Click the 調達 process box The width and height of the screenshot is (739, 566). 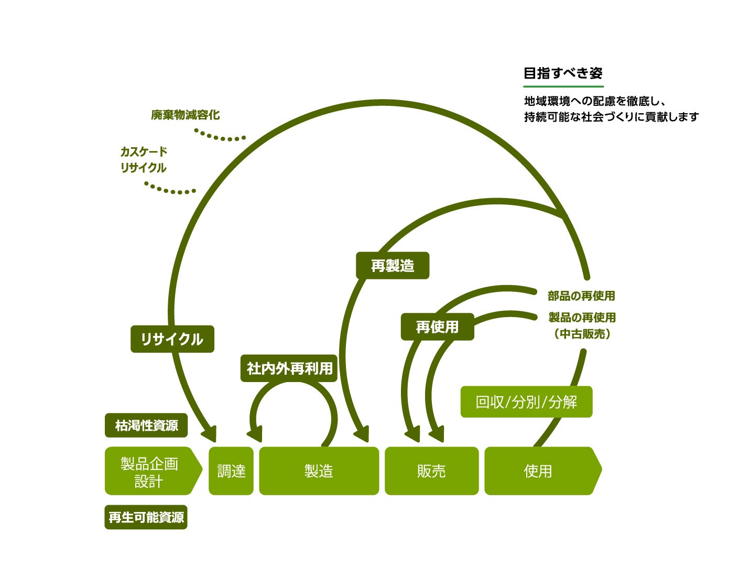point(231,471)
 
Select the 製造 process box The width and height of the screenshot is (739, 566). point(319,471)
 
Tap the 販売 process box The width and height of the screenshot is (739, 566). point(431,471)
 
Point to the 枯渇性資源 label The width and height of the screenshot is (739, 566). point(146,425)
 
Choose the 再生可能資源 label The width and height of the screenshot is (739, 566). point(146,517)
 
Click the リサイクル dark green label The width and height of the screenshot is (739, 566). point(172,339)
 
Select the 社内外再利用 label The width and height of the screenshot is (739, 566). point(289,368)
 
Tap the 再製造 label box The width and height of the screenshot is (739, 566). point(393,266)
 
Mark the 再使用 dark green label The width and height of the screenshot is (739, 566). point(437,327)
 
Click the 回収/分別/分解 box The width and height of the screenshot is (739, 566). point(526,402)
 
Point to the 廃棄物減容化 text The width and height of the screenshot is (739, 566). point(185,115)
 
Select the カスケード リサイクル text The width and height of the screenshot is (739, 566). point(143,160)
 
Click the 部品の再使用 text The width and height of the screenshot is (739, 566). point(581,296)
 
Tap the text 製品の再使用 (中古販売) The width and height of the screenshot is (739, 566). point(582,325)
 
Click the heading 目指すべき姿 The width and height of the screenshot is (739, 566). point(563,73)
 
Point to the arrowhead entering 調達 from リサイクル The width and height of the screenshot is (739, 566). point(210,433)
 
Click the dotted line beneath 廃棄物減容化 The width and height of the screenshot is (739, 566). point(220,137)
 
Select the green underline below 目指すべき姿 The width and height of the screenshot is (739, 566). point(563,86)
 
